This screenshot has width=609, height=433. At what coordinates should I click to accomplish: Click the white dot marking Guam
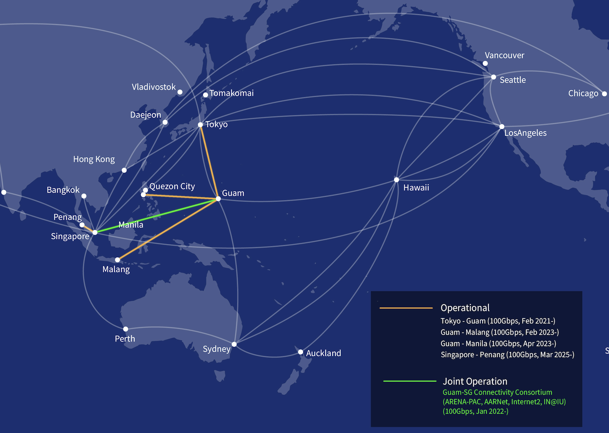pyautogui.click(x=218, y=199)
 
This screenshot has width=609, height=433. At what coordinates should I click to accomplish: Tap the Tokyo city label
pyautogui.click(x=216, y=124)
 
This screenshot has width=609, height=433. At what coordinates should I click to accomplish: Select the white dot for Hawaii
pyautogui.click(x=396, y=180)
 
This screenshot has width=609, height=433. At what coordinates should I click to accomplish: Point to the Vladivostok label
pyautogui.click(x=153, y=87)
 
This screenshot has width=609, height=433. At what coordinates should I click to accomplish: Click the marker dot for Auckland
pyautogui.click(x=301, y=352)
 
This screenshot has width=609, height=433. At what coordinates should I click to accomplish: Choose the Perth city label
pyautogui.click(x=125, y=339)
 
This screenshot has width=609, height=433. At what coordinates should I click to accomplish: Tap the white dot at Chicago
pyautogui.click(x=604, y=94)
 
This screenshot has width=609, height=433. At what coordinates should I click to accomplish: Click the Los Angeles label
pyautogui.click(x=525, y=133)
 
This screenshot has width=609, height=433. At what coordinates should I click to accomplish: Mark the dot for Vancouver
pyautogui.click(x=485, y=64)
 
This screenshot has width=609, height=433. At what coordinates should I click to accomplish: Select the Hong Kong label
pyautogui.click(x=94, y=159)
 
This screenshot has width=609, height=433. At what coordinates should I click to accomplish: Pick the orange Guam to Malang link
pyautogui.click(x=169, y=229)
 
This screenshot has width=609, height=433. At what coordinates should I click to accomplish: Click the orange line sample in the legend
pyautogui.click(x=406, y=308)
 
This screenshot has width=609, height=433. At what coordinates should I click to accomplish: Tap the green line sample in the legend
pyautogui.click(x=410, y=381)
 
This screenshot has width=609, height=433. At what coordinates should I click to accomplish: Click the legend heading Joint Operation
pyautogui.click(x=475, y=381)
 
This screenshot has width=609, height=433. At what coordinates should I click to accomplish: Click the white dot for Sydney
pyautogui.click(x=234, y=344)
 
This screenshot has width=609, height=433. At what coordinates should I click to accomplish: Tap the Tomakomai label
pyautogui.click(x=232, y=93)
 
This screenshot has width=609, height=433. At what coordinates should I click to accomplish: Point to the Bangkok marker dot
pyautogui.click(x=84, y=196)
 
